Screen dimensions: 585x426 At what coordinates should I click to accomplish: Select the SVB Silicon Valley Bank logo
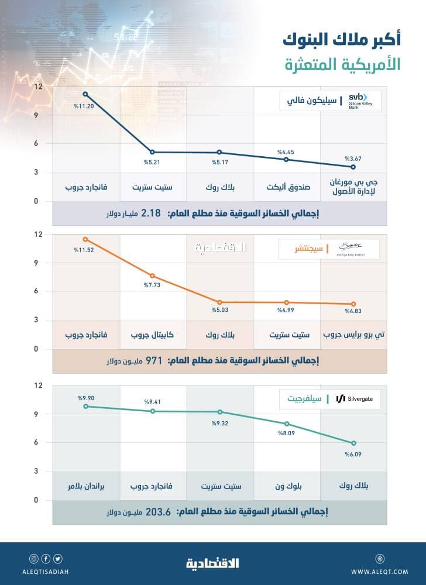(x=363, y=101)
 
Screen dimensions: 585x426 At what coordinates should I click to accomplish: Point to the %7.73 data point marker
(x=152, y=276)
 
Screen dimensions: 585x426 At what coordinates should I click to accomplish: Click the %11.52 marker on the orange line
(x=85, y=239)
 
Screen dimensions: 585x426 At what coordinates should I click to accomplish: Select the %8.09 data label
(x=286, y=434)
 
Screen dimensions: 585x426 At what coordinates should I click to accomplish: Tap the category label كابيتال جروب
(x=153, y=336)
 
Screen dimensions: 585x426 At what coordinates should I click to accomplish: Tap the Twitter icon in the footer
(x=57, y=559)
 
